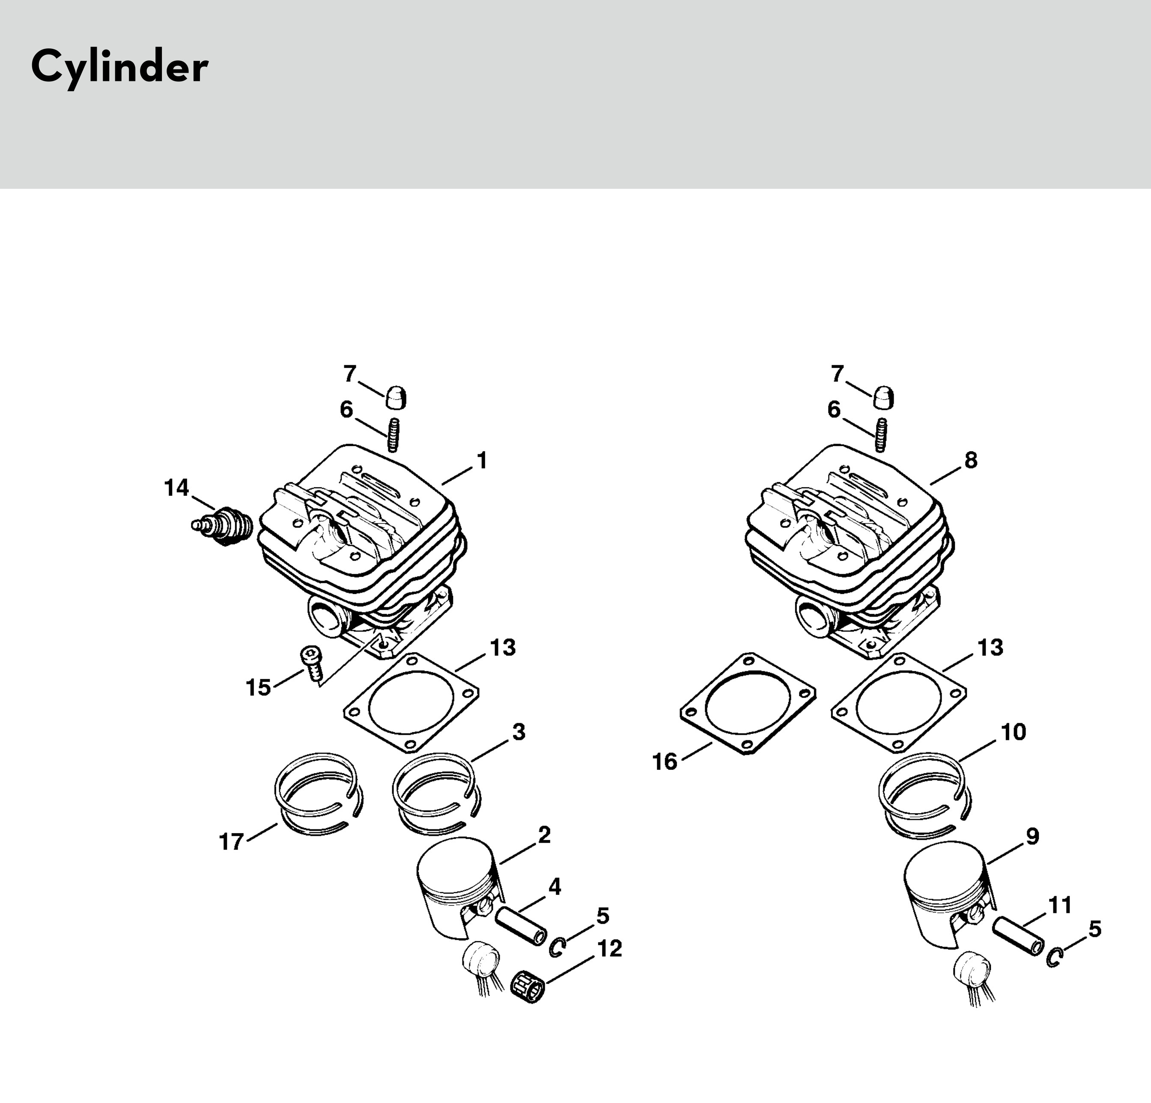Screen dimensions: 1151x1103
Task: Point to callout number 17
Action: [x=231, y=842]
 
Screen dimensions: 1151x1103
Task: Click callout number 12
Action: [x=610, y=948]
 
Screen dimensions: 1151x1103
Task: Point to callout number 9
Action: [x=1032, y=836]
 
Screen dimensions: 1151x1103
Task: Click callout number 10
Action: [x=1014, y=732]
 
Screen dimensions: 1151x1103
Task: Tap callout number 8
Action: [x=971, y=460]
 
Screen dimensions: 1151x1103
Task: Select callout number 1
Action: [x=482, y=460]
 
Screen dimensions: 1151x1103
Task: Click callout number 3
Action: [x=519, y=732]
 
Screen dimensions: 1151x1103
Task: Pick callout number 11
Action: [x=1060, y=905]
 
